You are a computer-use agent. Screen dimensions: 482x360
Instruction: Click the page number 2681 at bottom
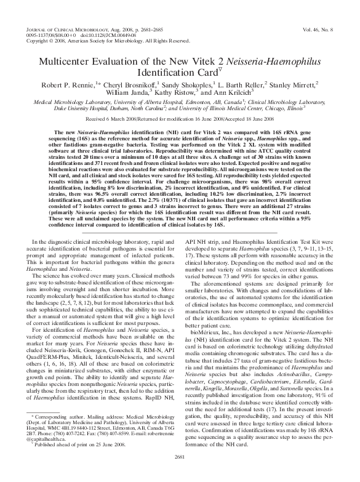coord(180,472)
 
